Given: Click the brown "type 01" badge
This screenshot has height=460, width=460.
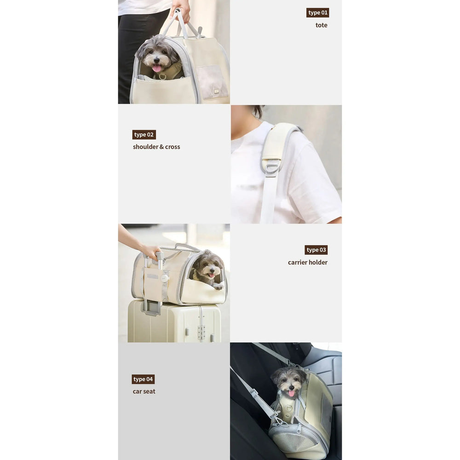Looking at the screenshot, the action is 318,12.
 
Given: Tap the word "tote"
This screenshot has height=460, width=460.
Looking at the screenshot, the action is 321,25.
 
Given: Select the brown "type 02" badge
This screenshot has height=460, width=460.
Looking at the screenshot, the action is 144,135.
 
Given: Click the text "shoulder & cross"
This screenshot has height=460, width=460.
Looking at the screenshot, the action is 156,147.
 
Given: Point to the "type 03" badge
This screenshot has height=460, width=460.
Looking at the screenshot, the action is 316,250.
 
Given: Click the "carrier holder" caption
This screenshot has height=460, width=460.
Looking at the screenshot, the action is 307,262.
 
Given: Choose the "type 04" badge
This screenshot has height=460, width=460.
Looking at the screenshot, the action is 143,379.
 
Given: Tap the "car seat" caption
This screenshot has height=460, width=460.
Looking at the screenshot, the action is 144,391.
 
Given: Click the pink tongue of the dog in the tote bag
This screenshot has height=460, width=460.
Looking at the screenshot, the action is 157,69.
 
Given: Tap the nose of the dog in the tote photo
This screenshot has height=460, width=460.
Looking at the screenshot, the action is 157,61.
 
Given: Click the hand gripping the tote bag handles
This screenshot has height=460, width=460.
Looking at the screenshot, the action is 181,9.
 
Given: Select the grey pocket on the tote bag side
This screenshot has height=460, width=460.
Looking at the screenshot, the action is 212,81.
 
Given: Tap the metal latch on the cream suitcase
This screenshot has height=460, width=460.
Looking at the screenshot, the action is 201,332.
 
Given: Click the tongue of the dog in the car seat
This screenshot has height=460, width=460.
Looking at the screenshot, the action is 291,393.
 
